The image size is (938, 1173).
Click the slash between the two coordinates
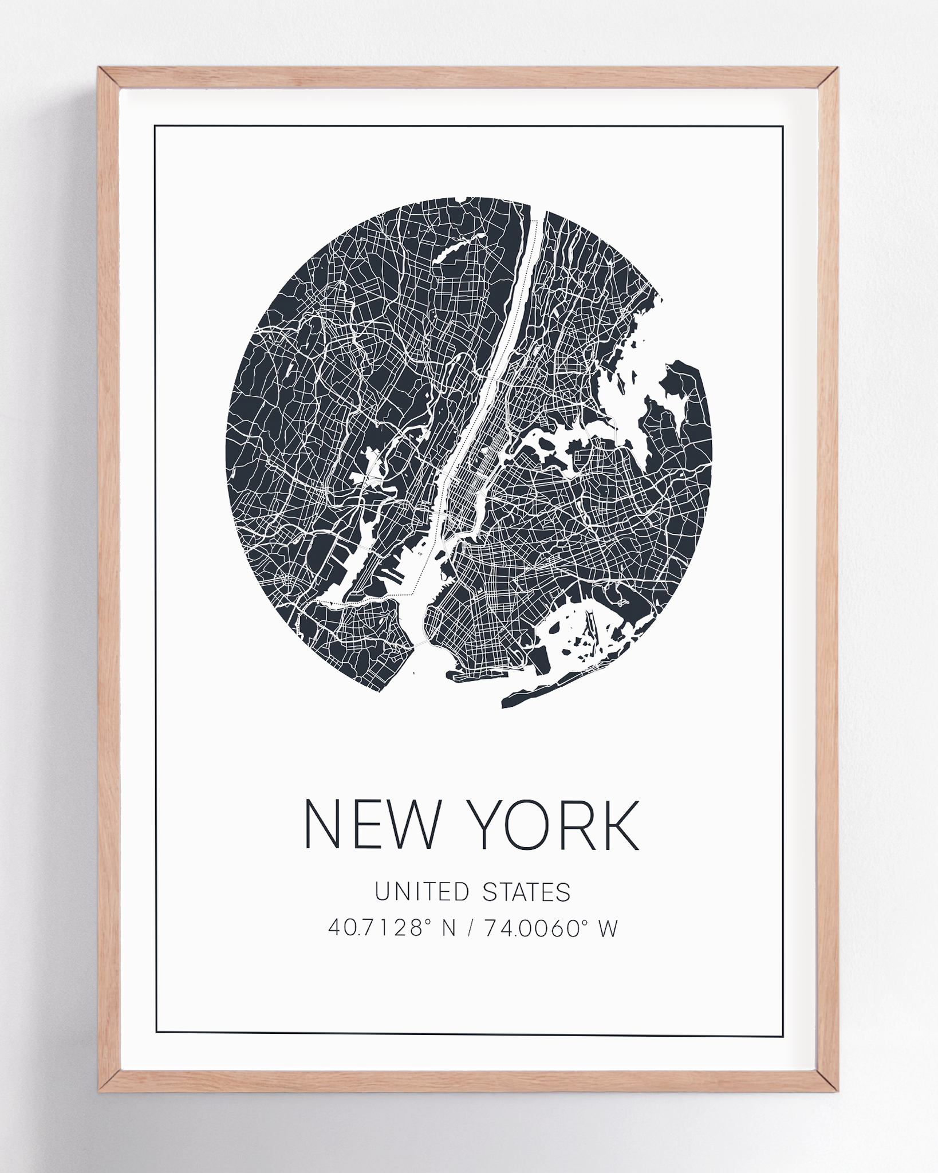click(x=470, y=928)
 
